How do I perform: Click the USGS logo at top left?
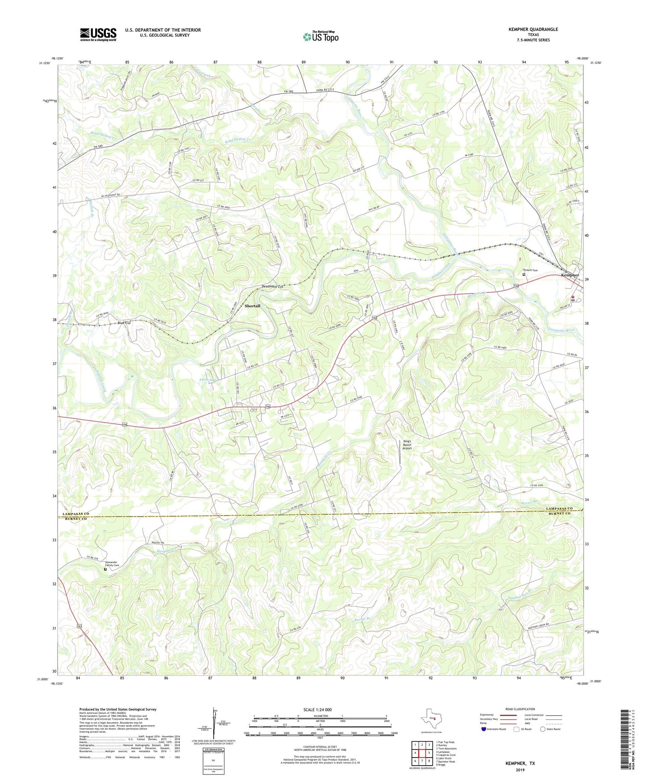pyautogui.click(x=98, y=34)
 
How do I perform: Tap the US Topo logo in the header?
pyautogui.click(x=320, y=37)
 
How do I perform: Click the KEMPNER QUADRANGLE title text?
pyautogui.click(x=533, y=29)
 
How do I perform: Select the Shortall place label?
pyautogui.click(x=252, y=306)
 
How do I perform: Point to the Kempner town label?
pyautogui.click(x=570, y=275)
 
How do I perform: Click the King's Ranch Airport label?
pyautogui.click(x=407, y=445)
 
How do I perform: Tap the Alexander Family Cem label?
pyautogui.click(x=111, y=564)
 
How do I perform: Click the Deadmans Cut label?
pyautogui.click(x=273, y=286)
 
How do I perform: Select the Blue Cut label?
pyautogui.click(x=124, y=323)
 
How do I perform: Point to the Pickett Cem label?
pyautogui.click(x=531, y=270)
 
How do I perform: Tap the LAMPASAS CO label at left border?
pyautogui.click(x=74, y=514)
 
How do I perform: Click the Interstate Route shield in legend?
pyautogui.click(x=484, y=729)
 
